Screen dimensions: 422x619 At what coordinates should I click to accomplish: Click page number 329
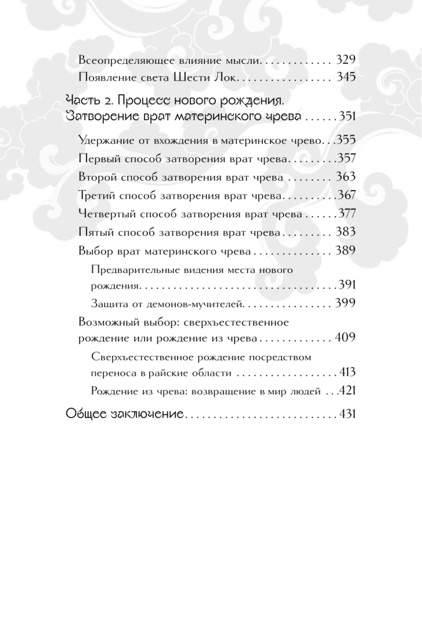[x=345, y=62]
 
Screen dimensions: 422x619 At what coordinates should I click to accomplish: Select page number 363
[x=345, y=178]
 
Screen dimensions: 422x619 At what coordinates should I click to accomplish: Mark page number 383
[x=345, y=233]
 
